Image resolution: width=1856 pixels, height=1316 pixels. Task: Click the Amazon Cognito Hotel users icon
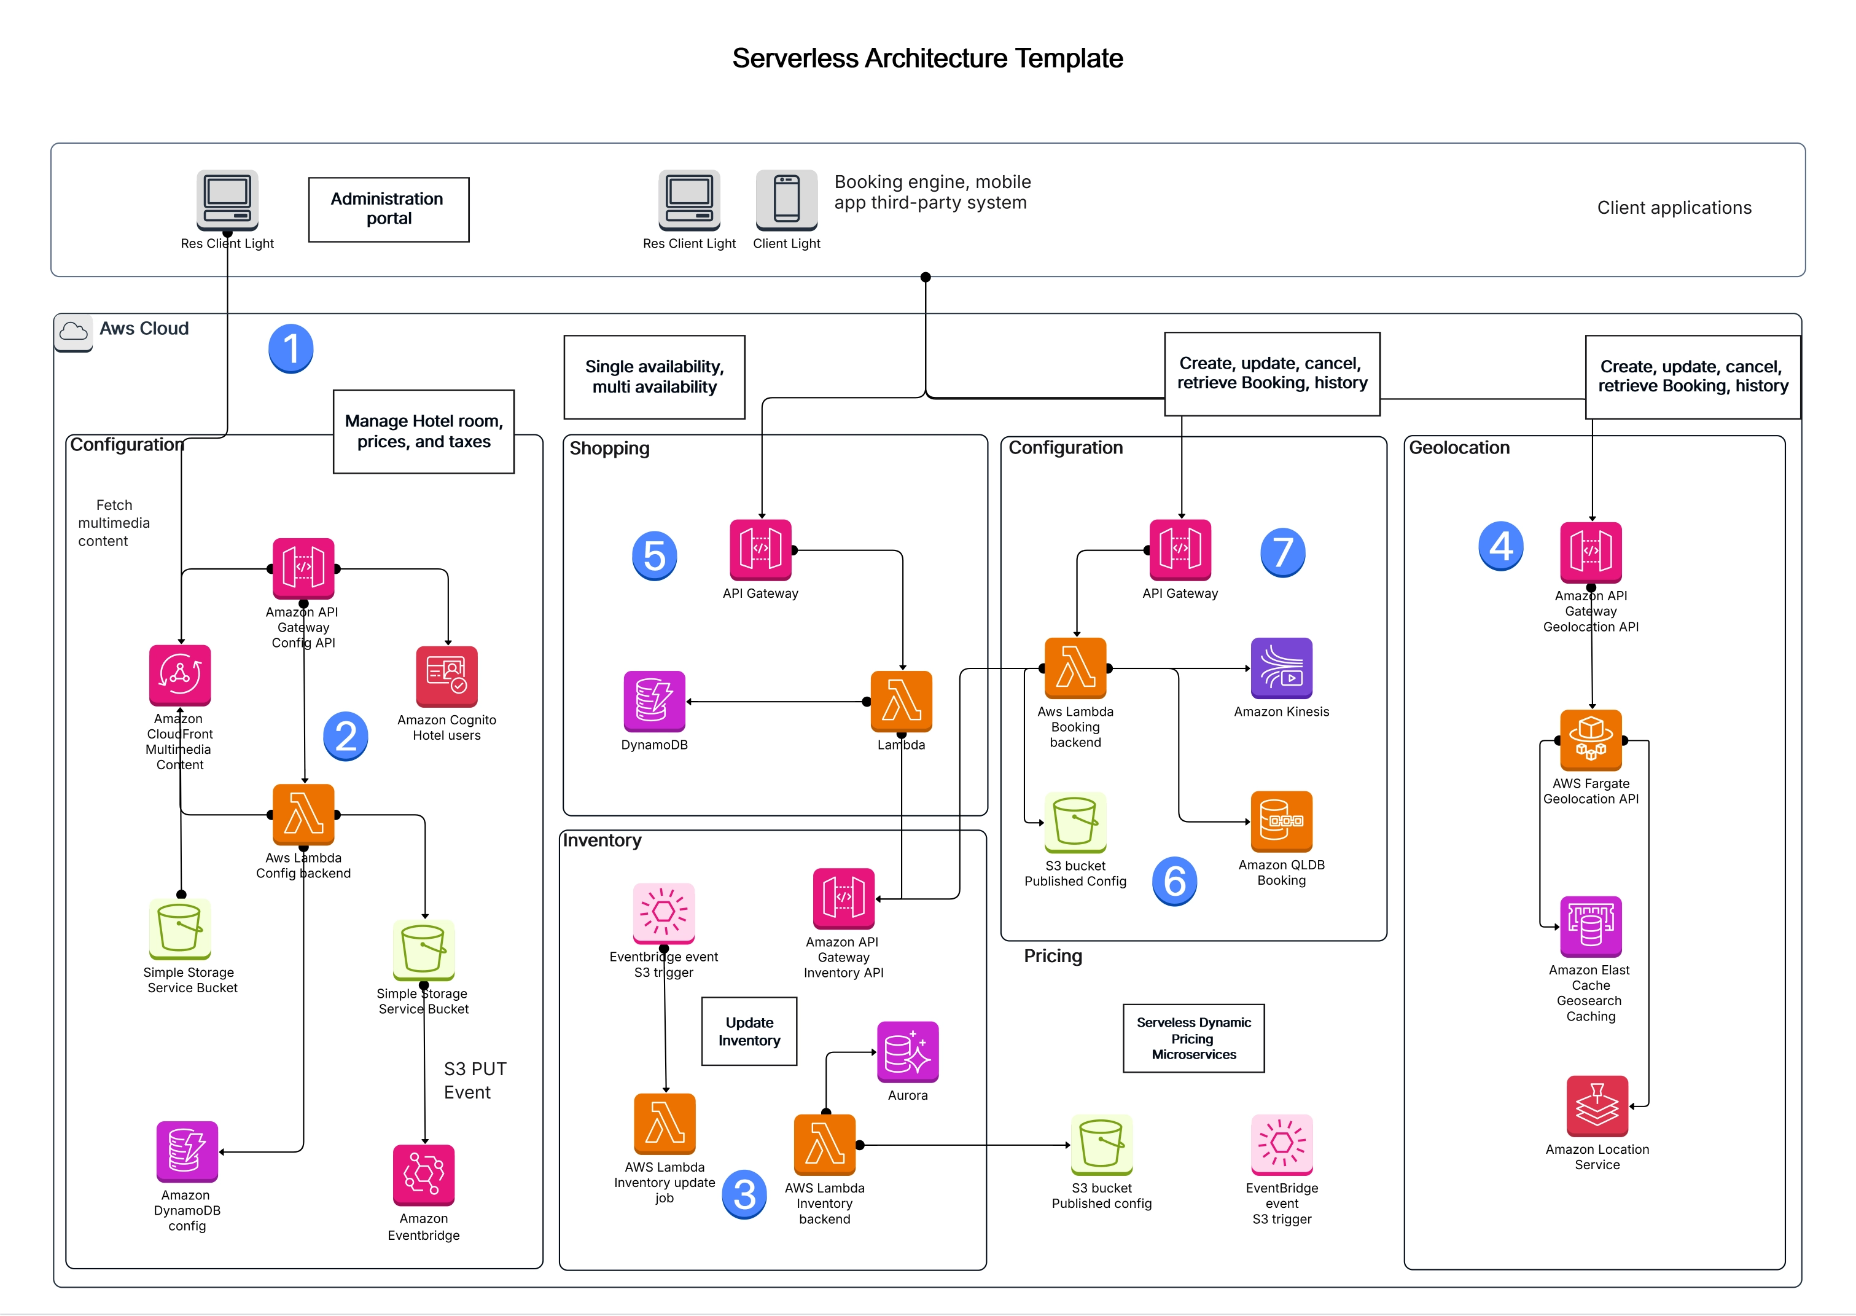(446, 676)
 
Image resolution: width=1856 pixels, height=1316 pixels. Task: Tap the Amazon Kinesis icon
(1281, 668)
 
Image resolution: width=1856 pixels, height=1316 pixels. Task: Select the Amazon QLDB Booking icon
(1281, 821)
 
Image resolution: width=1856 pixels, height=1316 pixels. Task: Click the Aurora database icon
(907, 1052)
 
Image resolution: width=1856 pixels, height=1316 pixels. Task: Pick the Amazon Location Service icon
(1596, 1105)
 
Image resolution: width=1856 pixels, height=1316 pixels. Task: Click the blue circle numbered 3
(744, 1194)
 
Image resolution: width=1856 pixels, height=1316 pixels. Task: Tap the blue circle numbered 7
(1282, 553)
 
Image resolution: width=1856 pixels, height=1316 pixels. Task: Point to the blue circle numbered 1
(291, 348)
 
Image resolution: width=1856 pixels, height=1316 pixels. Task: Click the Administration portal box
(388, 209)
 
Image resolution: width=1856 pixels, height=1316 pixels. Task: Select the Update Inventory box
(749, 1031)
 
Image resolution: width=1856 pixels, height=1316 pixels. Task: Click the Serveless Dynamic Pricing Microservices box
(1193, 1038)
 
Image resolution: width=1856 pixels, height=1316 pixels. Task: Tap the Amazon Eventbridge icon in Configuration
(424, 1174)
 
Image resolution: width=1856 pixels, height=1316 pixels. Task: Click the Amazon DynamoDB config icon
(187, 1151)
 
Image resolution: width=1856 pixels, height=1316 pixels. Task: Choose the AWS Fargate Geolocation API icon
(1590, 740)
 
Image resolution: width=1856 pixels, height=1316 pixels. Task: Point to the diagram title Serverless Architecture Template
(927, 58)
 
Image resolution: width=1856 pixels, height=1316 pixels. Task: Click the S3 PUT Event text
(475, 1080)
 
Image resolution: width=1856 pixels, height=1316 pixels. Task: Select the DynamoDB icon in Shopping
(653, 701)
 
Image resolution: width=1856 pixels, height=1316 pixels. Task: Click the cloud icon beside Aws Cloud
(74, 331)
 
